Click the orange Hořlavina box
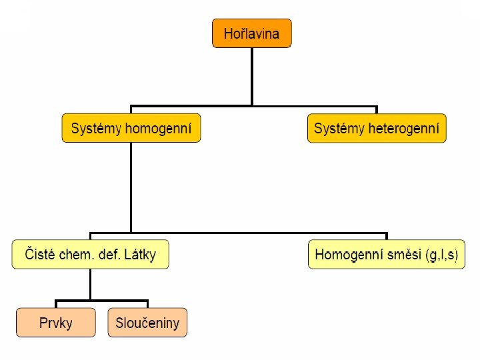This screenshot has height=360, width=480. click(x=252, y=33)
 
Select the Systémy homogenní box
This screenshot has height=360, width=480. click(x=131, y=128)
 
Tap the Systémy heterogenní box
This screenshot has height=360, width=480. click(x=377, y=128)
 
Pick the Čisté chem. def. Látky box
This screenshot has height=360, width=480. click(x=90, y=255)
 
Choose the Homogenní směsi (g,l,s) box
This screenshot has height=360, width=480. click(x=387, y=255)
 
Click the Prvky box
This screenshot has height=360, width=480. click(x=55, y=323)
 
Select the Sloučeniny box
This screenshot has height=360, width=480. click(x=147, y=323)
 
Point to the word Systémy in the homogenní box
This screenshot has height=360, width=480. click(x=96, y=128)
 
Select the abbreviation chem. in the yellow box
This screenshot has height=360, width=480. click(x=75, y=255)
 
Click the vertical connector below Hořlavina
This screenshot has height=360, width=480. click(x=252, y=77)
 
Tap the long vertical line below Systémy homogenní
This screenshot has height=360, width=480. click(x=131, y=187)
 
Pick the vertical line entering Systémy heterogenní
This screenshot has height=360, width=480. click(x=377, y=110)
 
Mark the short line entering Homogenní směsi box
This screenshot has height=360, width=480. click(x=387, y=237)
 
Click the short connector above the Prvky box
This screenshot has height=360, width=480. click(x=55, y=304)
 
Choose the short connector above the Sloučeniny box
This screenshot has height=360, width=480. click(x=147, y=304)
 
